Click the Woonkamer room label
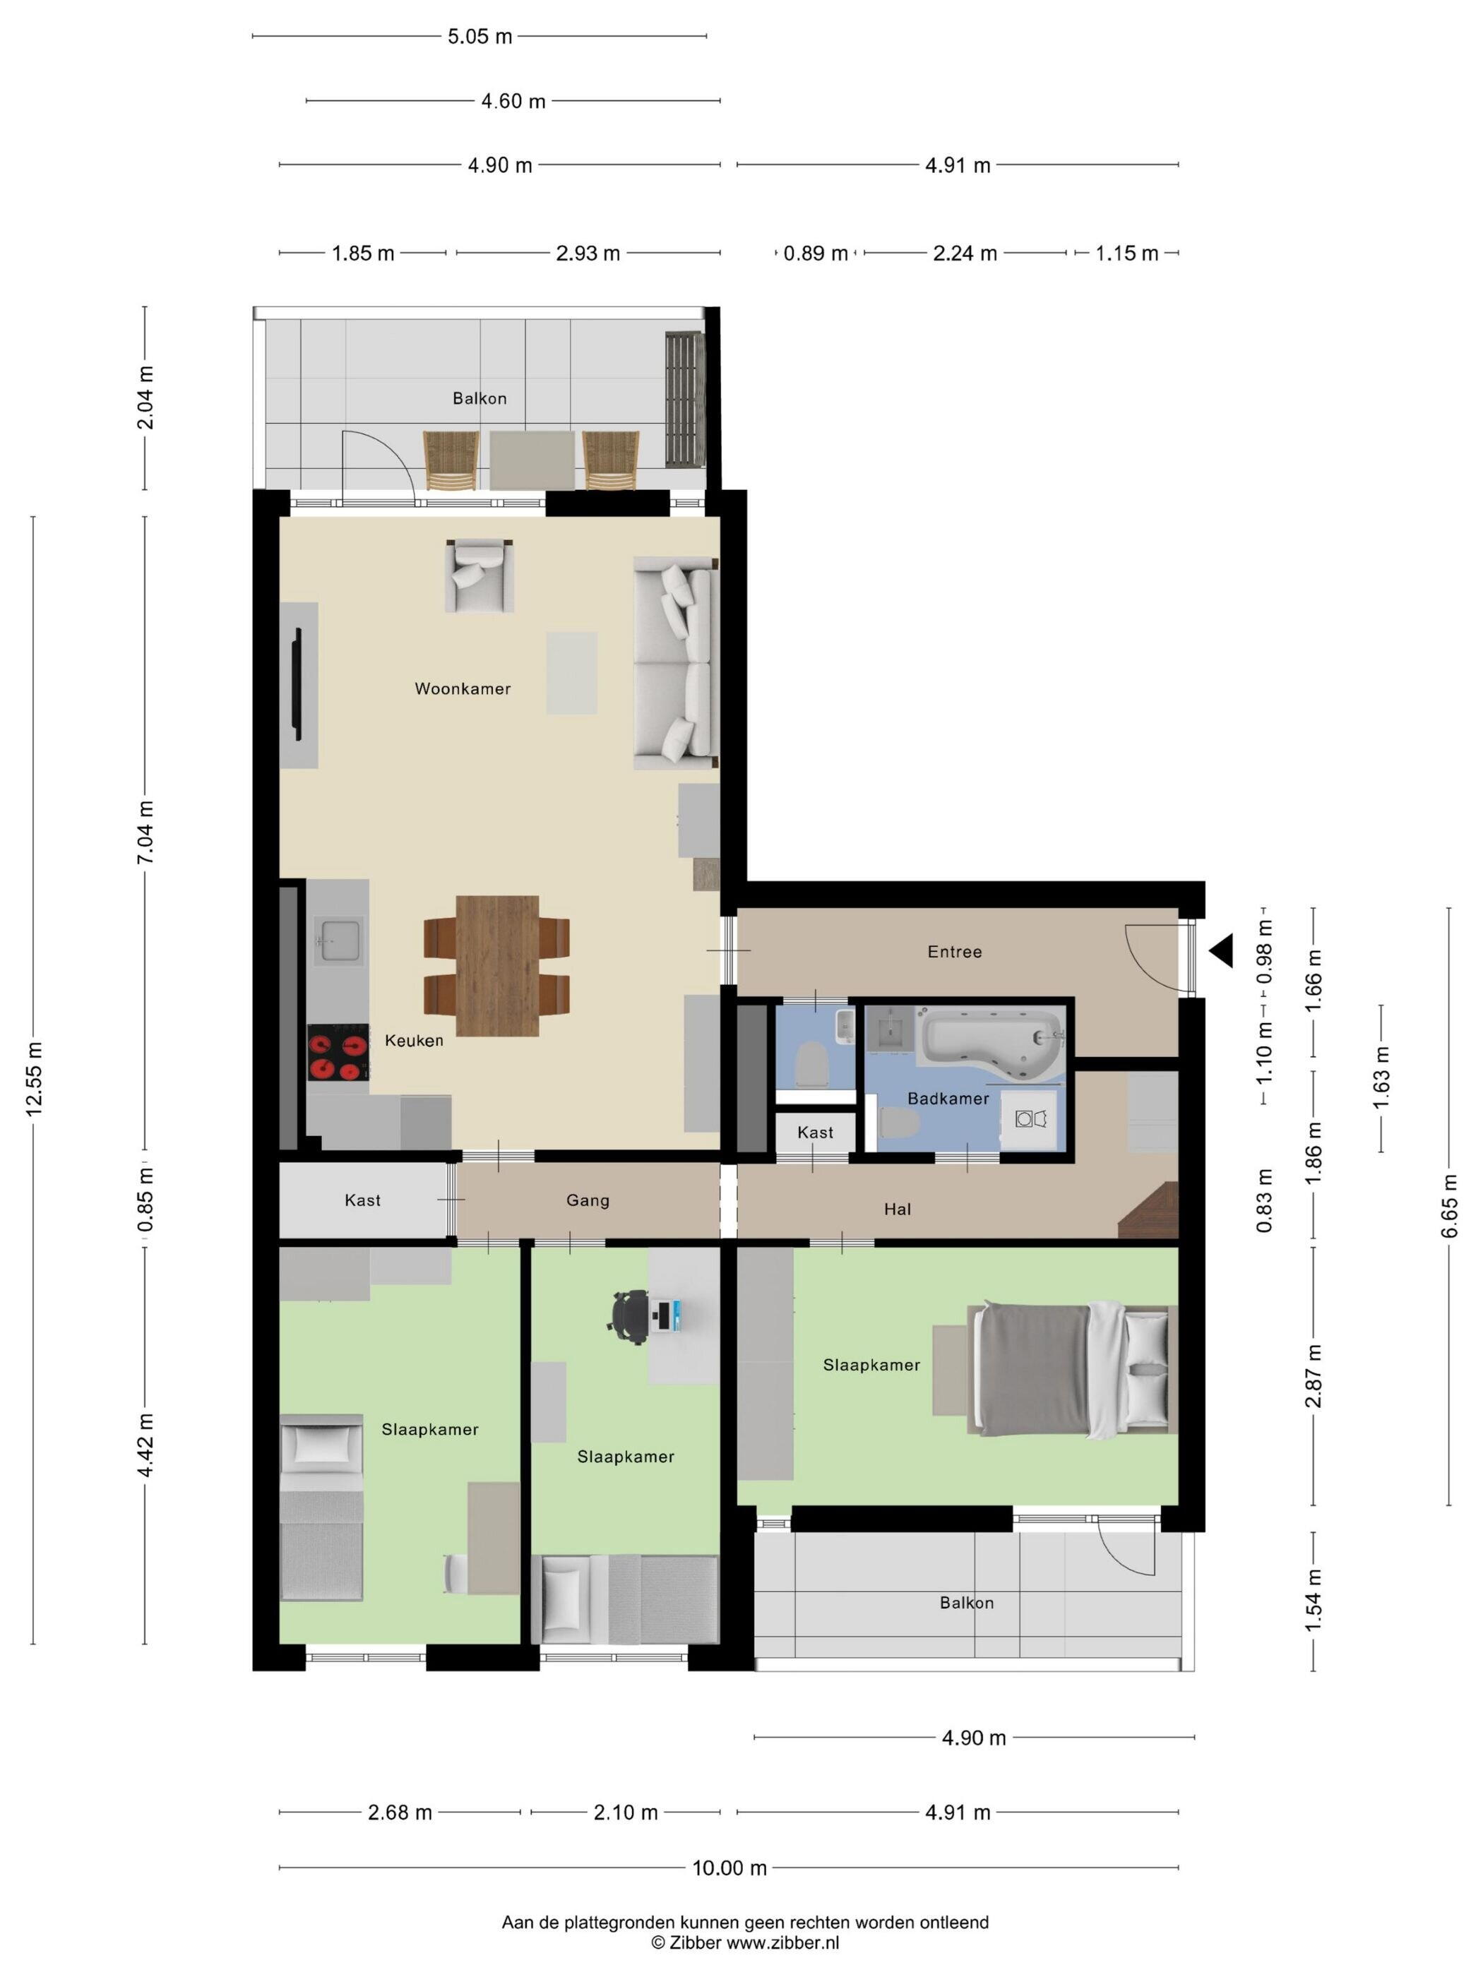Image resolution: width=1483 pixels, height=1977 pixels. [x=462, y=688]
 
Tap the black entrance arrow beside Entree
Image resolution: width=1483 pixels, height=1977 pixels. [x=1221, y=950]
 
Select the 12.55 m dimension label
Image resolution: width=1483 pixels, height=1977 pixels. [x=34, y=1079]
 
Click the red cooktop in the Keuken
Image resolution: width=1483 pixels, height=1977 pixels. [x=338, y=1053]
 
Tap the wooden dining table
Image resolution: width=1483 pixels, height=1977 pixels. [x=497, y=965]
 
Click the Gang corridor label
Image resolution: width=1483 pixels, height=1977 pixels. [x=588, y=1200]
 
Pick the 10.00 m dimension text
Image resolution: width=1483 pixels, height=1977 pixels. [x=729, y=1868]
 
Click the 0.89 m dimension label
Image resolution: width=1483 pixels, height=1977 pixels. [x=815, y=253]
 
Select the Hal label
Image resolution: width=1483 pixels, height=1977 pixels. [x=898, y=1210]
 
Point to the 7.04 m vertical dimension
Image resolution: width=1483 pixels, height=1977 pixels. [x=145, y=832]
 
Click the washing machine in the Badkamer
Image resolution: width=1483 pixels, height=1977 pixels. [x=1032, y=1119]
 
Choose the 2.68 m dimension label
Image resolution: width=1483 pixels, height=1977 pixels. [x=400, y=1812]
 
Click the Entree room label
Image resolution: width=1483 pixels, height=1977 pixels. [x=955, y=952]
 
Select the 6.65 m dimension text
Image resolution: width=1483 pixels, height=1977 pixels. [x=1449, y=1207]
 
